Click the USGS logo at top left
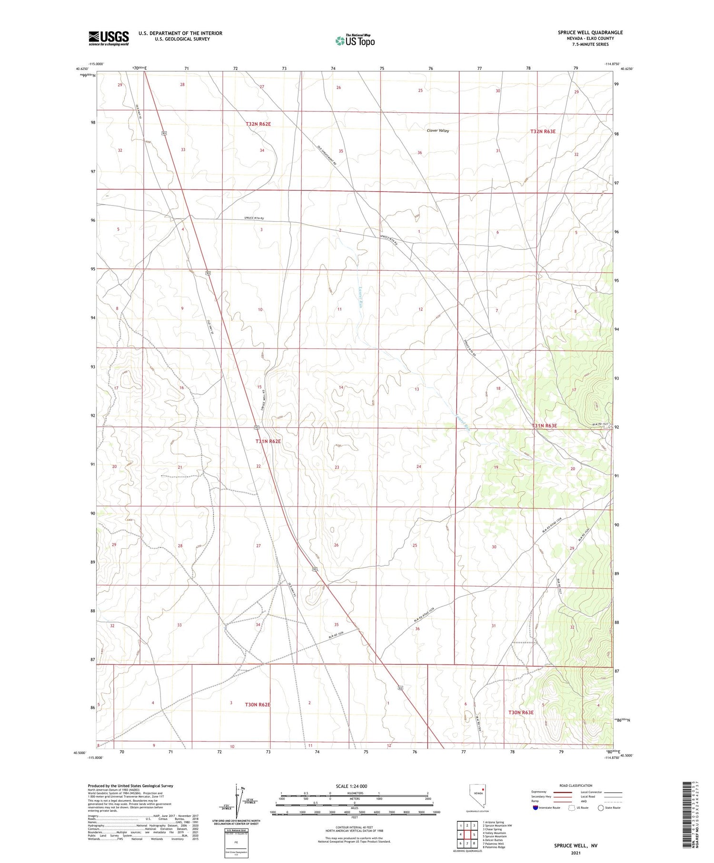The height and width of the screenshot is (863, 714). [109, 38]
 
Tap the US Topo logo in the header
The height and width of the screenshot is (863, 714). [355, 41]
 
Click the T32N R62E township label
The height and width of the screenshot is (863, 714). [258, 124]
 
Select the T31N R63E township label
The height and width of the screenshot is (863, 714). [544, 426]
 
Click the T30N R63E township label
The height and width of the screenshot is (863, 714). [521, 712]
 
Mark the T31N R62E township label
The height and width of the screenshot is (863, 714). [268, 441]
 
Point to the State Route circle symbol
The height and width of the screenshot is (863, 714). [601, 808]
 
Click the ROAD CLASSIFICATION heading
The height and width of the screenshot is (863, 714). [576, 785]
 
